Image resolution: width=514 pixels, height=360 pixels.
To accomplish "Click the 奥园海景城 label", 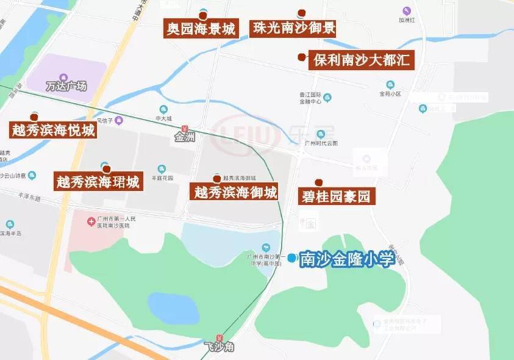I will tap(201, 29).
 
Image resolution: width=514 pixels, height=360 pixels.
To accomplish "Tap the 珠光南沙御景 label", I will tap(294, 28).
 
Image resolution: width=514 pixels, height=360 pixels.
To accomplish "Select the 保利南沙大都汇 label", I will tap(362, 60).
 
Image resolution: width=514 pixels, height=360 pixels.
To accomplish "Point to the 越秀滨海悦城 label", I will tap(54, 130).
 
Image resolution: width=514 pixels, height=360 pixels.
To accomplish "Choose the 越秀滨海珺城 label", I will tap(98, 182).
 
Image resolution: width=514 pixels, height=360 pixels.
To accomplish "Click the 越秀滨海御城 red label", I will tap(235, 193).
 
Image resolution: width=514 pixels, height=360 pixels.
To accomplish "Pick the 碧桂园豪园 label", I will tap(336, 196).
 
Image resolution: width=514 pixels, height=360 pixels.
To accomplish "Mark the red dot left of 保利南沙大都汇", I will tap(301, 57).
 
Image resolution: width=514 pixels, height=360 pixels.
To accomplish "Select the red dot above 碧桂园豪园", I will tap(318, 182).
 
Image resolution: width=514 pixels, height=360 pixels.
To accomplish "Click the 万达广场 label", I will tap(66, 86).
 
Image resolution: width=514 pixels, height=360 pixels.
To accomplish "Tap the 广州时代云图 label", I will tap(321, 143).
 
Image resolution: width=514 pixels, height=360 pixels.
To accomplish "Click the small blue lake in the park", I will tap(174, 309).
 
